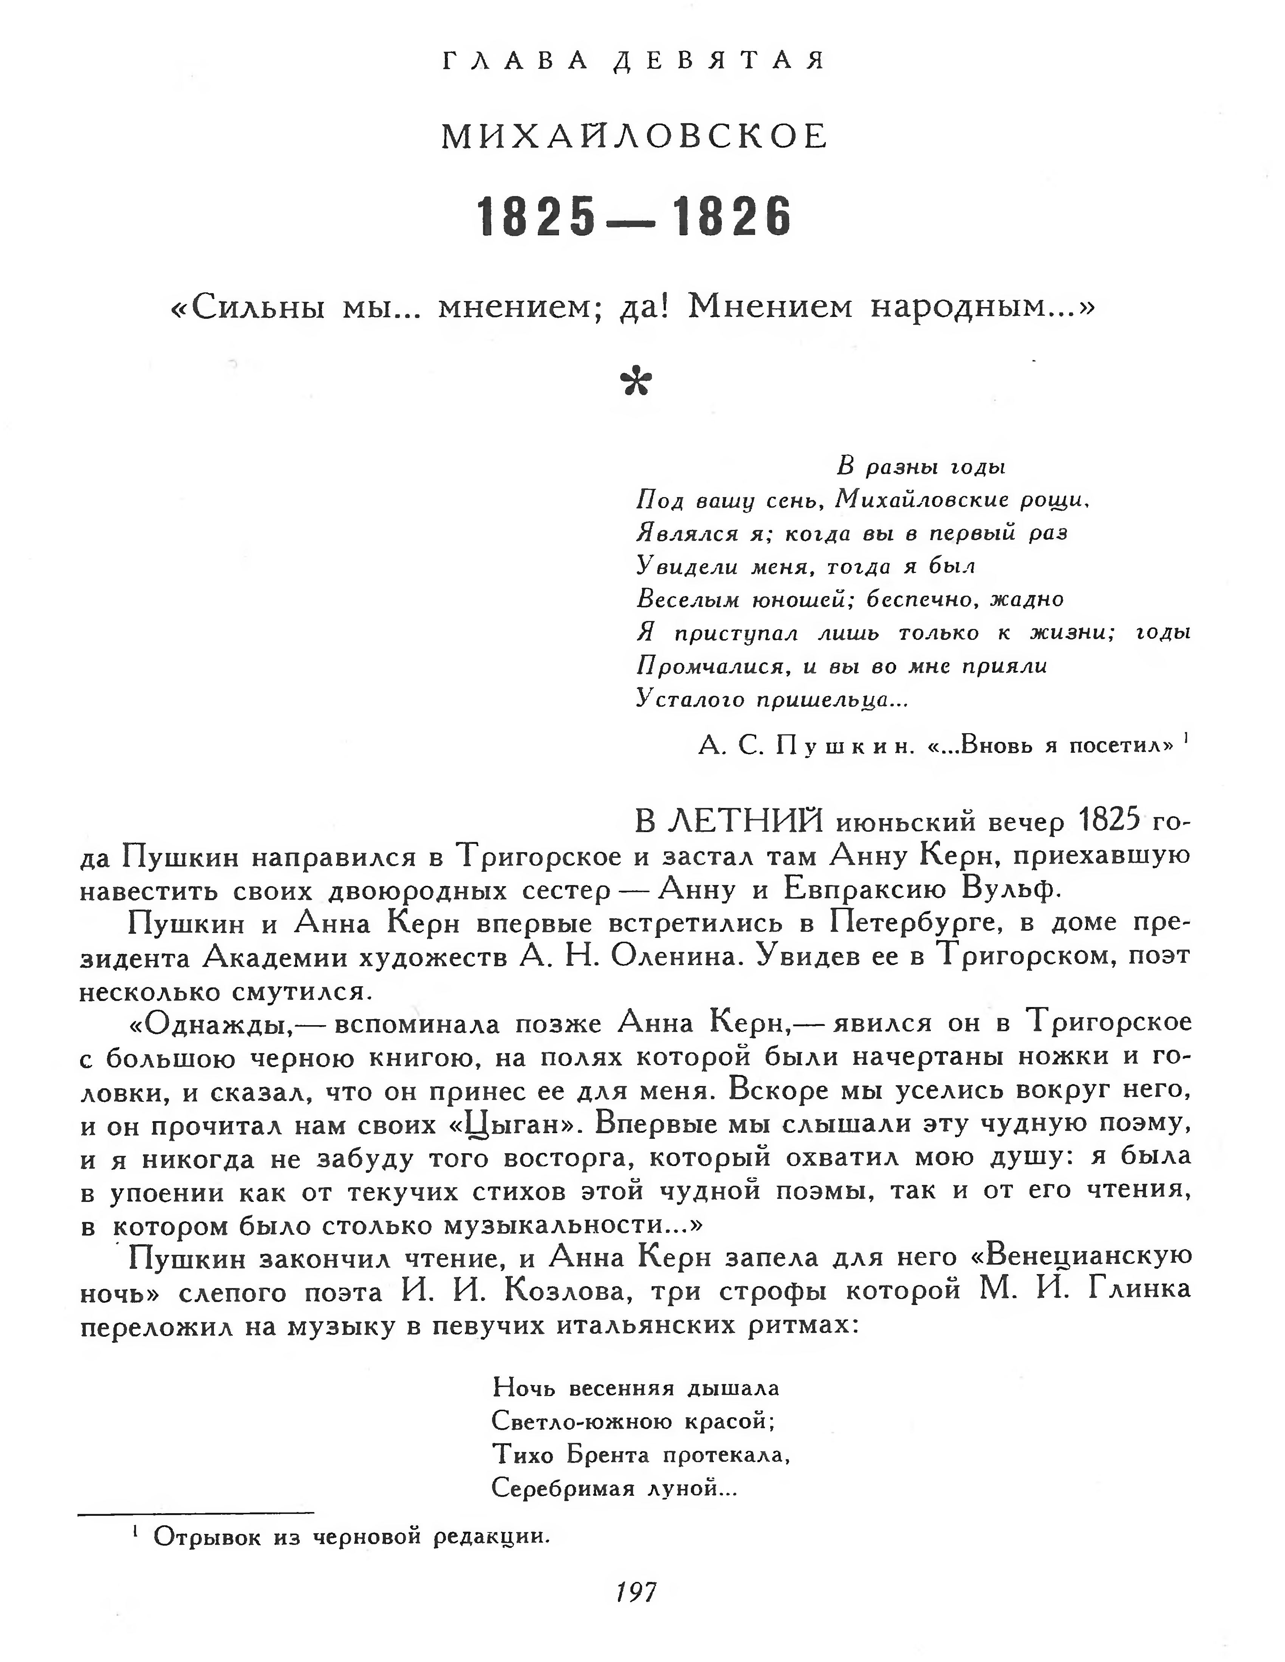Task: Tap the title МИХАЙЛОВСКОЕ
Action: coord(634,137)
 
